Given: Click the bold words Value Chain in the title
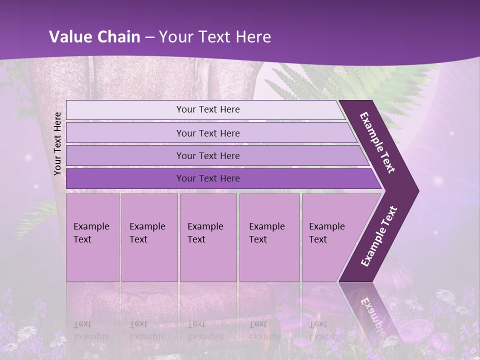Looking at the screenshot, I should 94,37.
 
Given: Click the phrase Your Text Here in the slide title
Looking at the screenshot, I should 215,37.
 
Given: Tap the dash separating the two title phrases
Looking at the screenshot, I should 149,37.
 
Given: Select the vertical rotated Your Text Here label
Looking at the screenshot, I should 57,143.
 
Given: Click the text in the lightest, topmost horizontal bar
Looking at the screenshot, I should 208,109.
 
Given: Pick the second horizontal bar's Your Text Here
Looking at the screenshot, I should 208,133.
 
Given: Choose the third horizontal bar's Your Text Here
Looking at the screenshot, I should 208,156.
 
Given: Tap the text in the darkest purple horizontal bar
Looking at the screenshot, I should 208,178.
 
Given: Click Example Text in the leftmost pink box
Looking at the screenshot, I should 91,233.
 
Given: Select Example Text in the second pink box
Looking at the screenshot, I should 147,233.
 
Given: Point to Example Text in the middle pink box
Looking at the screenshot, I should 205,233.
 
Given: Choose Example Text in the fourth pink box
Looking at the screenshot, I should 266,233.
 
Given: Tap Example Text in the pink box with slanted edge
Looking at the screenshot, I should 326,233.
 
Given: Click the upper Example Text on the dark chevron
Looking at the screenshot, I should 377,143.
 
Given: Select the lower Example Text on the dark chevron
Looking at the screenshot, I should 379,236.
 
